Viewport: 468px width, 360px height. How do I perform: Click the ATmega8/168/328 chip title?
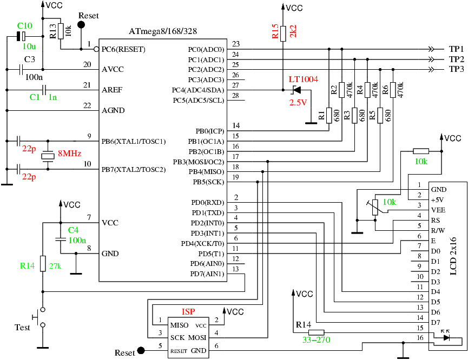162,32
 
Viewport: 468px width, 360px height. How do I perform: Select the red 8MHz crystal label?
69,154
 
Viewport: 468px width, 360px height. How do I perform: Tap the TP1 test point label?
457,49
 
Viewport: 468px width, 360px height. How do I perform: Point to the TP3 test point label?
457,69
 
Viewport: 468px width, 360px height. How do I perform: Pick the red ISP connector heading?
188,312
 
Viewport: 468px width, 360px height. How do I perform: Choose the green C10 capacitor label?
25,25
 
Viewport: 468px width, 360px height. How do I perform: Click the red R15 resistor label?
275,32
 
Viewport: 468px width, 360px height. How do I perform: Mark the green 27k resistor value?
55,266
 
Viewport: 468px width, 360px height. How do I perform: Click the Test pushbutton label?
22,328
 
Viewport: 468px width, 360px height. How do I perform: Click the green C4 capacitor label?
73,230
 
